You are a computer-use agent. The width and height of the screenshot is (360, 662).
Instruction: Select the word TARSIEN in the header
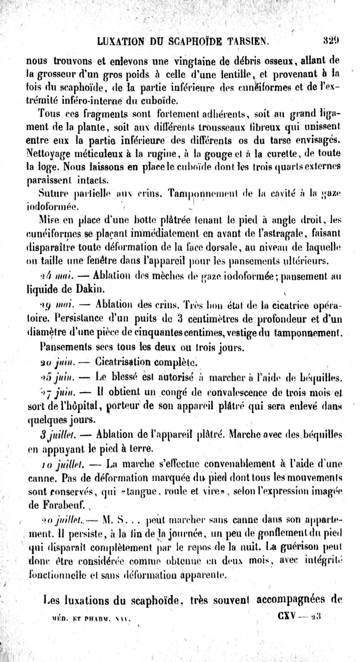(x=247, y=42)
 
